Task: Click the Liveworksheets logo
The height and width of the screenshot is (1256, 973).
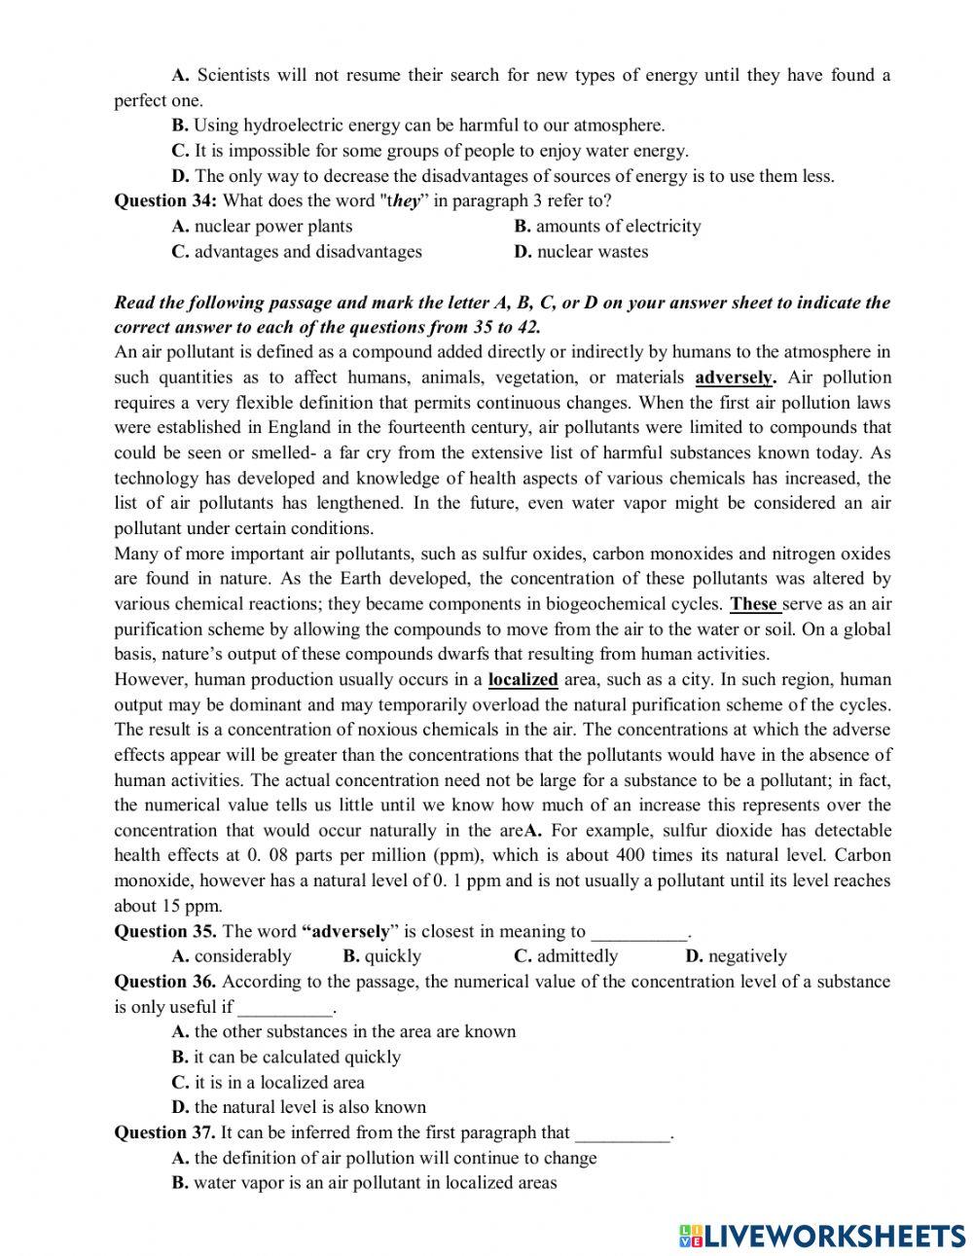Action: (x=822, y=1235)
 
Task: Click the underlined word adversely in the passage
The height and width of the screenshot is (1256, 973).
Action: (x=735, y=377)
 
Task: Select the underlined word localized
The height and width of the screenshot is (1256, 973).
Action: (x=523, y=679)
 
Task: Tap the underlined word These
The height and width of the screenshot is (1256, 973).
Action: (x=754, y=603)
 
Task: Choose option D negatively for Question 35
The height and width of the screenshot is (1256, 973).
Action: (x=736, y=955)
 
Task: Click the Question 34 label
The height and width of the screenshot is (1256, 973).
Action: (x=166, y=200)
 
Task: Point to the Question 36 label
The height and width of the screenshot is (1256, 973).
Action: (x=165, y=981)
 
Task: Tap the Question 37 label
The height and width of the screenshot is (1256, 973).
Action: (x=165, y=1132)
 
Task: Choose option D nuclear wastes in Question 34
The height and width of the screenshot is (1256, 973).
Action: (x=581, y=251)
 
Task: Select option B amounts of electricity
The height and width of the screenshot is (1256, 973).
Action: (x=607, y=226)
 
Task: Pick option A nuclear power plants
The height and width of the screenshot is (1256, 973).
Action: (x=263, y=226)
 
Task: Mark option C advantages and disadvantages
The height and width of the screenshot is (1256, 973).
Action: (x=297, y=251)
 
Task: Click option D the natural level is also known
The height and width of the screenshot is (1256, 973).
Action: (x=299, y=1107)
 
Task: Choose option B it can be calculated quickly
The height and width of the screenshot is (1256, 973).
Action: (x=286, y=1057)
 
